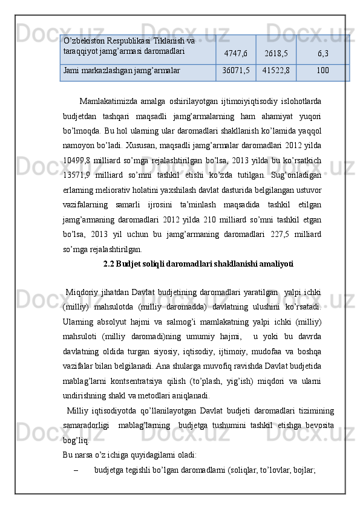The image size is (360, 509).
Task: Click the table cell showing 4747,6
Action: [x=236, y=54]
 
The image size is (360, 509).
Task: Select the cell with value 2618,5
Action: [x=276, y=54]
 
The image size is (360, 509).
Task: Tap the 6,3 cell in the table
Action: [x=322, y=54]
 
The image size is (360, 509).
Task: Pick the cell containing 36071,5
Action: [x=236, y=71]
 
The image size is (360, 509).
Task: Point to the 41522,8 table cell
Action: [x=276, y=71]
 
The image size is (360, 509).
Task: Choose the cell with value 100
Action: [x=322, y=71]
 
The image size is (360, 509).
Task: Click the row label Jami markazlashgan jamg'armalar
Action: [x=121, y=71]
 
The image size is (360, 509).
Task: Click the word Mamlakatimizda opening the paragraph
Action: [x=105, y=100]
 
